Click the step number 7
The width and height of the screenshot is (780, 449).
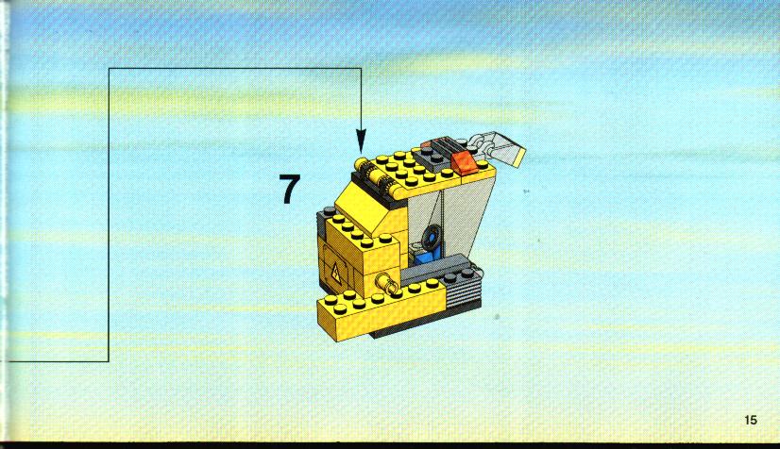[290, 189]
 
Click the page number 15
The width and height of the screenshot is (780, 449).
[751, 420]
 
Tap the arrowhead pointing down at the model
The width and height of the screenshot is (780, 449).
[361, 141]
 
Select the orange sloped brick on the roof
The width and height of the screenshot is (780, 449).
[464, 163]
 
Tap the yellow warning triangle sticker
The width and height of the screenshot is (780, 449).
[336, 271]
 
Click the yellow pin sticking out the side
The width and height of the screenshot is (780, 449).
[387, 283]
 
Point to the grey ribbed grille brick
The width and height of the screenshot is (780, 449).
[463, 290]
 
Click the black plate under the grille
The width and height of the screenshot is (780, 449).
[428, 320]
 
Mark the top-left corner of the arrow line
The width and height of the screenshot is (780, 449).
[109, 68]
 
